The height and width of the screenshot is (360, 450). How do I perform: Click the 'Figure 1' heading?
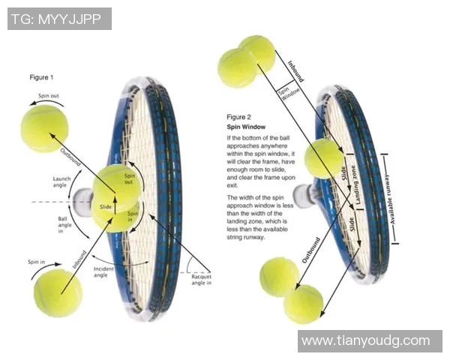[x=41, y=77]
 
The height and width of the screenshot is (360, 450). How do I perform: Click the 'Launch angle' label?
[x=63, y=183]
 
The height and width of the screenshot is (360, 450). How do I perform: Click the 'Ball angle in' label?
[x=67, y=224]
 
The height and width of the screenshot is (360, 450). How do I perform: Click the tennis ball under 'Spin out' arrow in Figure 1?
[x=44, y=127]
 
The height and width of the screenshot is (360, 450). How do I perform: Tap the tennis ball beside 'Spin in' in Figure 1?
[x=58, y=292]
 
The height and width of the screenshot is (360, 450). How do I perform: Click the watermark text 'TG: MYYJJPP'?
[x=59, y=19]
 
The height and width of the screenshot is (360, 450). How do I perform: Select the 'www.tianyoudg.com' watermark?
[x=365, y=341]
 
